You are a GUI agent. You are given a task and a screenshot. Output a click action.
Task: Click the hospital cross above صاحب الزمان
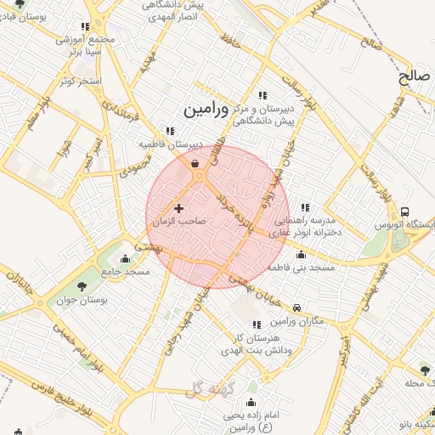[x=178, y=207]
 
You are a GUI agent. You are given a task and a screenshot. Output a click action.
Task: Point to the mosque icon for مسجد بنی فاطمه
[x=301, y=254]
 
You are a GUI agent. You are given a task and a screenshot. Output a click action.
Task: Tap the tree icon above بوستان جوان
[x=82, y=286]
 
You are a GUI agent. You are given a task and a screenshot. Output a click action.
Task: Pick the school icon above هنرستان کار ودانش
[x=257, y=325]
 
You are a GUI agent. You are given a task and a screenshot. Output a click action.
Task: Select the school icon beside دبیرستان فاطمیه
[x=171, y=132]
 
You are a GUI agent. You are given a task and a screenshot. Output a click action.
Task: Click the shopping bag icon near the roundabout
[x=195, y=164]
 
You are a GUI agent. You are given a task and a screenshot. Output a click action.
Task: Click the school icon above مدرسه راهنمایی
[x=304, y=207]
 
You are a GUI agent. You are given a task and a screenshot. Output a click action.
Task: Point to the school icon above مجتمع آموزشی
[x=84, y=27]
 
